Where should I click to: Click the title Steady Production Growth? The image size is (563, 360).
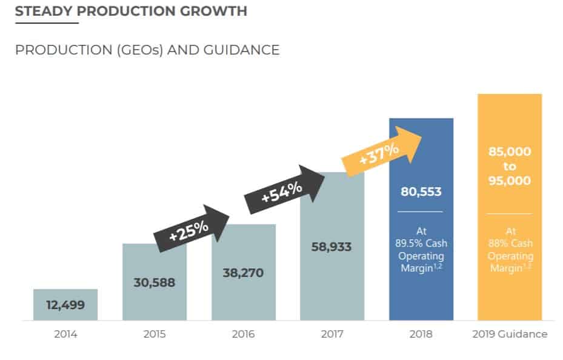(x=131, y=12)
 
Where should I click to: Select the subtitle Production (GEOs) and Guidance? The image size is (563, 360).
(x=147, y=50)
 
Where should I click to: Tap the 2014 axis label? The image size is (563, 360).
(x=65, y=334)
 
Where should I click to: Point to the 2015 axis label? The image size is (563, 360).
(x=155, y=334)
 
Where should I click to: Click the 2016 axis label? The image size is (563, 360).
(x=243, y=334)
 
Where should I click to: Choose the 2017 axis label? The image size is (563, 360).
(x=332, y=334)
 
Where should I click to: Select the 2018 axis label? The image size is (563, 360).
(x=421, y=334)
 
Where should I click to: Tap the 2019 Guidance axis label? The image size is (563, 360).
(x=510, y=334)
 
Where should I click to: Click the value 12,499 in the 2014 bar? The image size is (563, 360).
(x=65, y=305)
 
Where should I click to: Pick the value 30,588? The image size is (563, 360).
(x=155, y=282)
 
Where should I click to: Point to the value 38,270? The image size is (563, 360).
(x=243, y=273)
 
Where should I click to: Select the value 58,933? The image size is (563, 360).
(x=331, y=247)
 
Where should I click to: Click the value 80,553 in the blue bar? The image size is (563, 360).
(x=421, y=192)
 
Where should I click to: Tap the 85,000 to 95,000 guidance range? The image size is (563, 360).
(x=510, y=165)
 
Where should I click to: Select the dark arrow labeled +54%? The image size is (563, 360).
(x=284, y=188)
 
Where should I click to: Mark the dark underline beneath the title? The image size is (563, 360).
(x=47, y=23)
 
